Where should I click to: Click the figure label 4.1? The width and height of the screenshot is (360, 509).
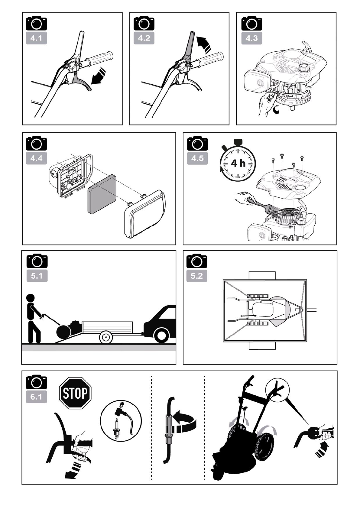pyautogui.click(x=36, y=38)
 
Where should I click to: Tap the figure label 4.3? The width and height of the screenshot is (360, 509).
pyautogui.click(x=251, y=38)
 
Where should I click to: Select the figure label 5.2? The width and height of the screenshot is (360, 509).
pyautogui.click(x=197, y=276)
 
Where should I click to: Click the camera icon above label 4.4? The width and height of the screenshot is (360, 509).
pyautogui.click(x=37, y=143)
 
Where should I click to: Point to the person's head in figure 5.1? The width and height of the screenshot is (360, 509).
pyautogui.click(x=31, y=298)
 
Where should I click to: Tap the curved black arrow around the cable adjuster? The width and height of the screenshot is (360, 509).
pyautogui.click(x=185, y=422)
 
